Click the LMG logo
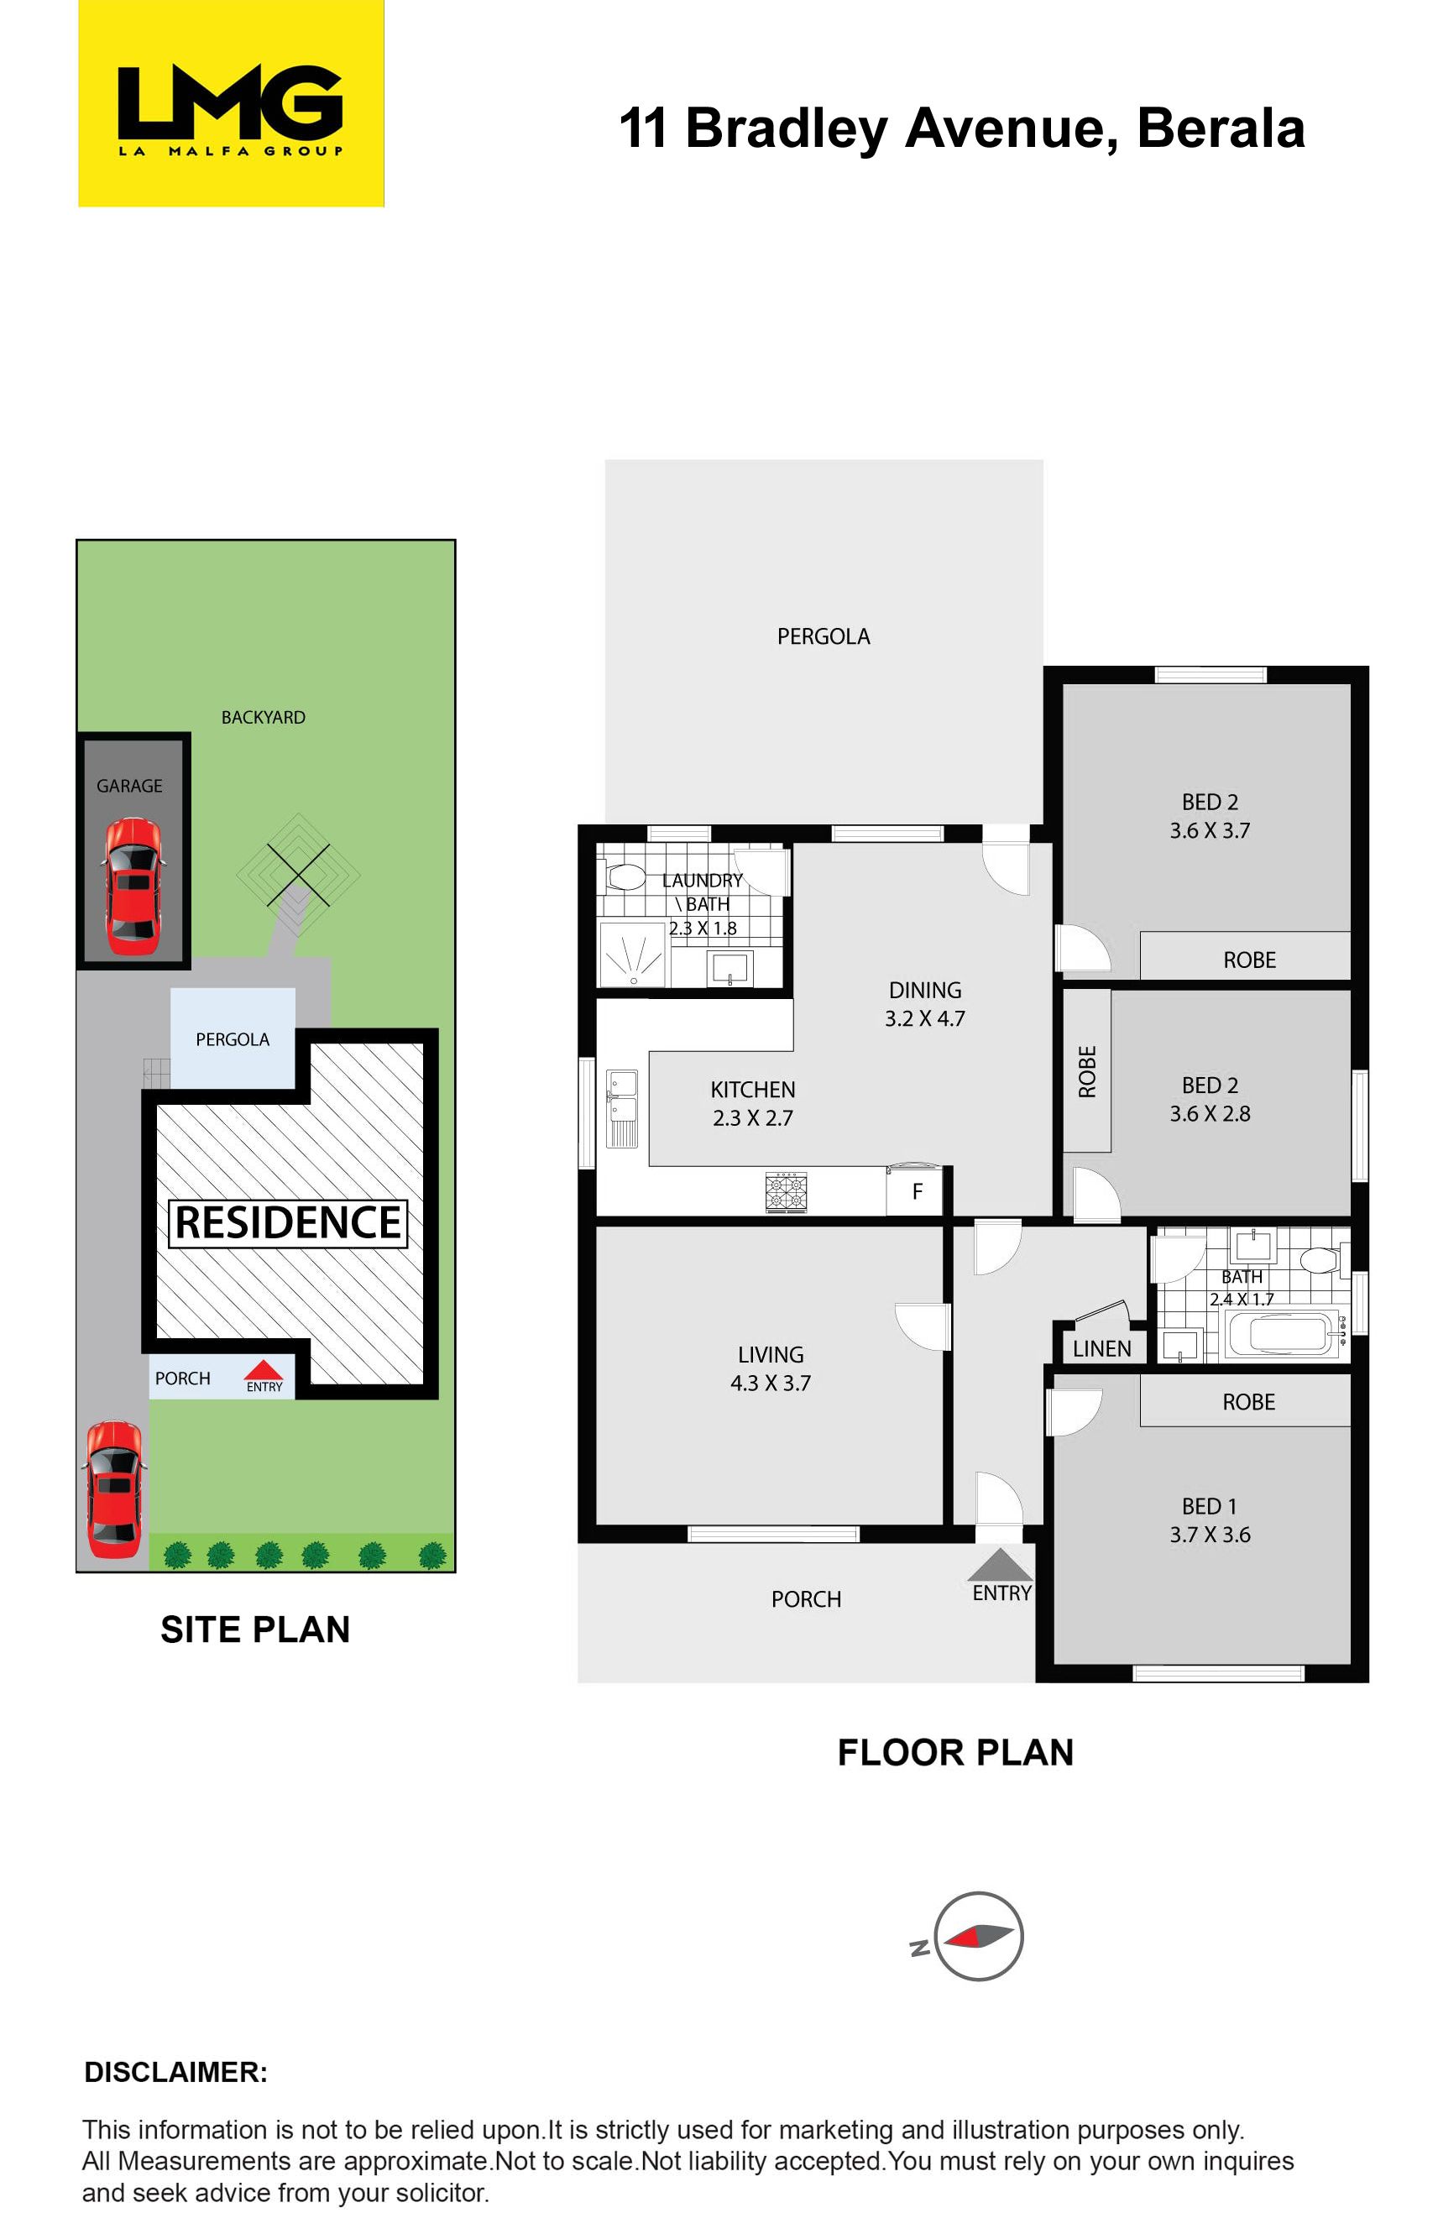[231, 102]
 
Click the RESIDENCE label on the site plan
[288, 1222]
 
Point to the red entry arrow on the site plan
[264, 1370]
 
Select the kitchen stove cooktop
[787, 1192]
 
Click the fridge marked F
[918, 1190]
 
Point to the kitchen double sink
[623, 1107]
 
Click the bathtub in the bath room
[1281, 1334]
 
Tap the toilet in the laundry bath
[625, 876]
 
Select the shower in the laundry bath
[632, 955]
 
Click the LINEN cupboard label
[1102, 1348]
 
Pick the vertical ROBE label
[1087, 1071]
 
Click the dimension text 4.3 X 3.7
[771, 1383]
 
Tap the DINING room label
[924, 990]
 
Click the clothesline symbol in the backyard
[298, 874]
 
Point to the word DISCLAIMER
[175, 2072]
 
